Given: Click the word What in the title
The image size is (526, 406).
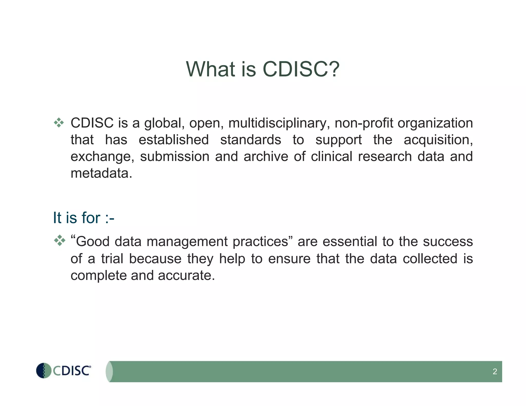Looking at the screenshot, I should (x=210, y=69).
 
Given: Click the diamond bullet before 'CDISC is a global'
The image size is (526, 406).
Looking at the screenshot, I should (x=59, y=123).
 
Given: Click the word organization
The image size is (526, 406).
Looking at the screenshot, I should (x=435, y=123).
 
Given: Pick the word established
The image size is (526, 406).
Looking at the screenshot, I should (x=174, y=140).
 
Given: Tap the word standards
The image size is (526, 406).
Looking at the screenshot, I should (x=251, y=140).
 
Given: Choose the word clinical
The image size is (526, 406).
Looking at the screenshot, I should (x=331, y=157).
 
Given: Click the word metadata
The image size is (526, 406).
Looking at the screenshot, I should (x=101, y=173).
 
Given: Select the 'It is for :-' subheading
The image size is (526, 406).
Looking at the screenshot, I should (x=83, y=218).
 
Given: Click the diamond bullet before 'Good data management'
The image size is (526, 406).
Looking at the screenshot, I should (x=60, y=240).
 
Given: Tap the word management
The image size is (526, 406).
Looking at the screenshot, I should (x=187, y=242).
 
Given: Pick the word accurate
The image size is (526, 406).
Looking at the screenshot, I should (x=186, y=275).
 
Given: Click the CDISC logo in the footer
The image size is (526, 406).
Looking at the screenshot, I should (x=63, y=371).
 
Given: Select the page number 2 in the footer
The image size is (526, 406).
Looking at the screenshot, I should (x=495, y=371).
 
